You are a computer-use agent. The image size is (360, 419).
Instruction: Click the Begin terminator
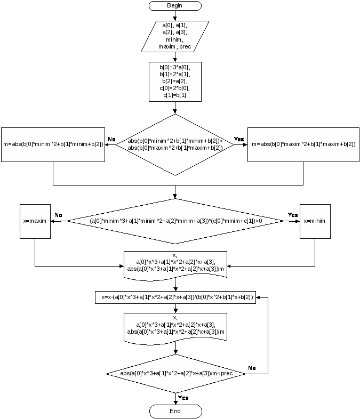(x=175, y=6)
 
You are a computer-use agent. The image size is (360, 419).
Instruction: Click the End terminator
(x=175, y=412)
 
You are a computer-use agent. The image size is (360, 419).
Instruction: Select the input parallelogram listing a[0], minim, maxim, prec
(x=175, y=36)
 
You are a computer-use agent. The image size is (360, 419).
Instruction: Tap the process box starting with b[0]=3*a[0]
(x=175, y=82)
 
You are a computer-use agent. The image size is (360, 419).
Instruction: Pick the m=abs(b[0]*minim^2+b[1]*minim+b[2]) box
(x=53, y=144)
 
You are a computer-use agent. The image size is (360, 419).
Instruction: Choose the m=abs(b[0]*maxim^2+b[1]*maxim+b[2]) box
(x=303, y=144)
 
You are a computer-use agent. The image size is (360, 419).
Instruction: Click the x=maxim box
(x=35, y=221)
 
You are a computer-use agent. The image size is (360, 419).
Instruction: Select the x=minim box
(x=315, y=221)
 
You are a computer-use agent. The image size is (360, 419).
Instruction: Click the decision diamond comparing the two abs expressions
(x=175, y=144)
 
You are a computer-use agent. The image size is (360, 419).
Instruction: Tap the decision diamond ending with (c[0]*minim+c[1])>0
(x=175, y=221)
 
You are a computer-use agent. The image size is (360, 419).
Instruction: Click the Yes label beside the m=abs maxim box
(x=239, y=140)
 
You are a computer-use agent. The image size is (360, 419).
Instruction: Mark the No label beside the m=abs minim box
(x=111, y=140)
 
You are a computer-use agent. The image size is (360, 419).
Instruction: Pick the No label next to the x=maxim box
(x=58, y=215)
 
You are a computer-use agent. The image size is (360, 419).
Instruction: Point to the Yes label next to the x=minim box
(x=292, y=215)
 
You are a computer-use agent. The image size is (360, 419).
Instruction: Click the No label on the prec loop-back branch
(x=252, y=368)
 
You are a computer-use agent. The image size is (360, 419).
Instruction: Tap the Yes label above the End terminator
(x=183, y=398)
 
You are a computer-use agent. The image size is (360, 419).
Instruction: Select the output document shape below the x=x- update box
(x=175, y=326)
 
